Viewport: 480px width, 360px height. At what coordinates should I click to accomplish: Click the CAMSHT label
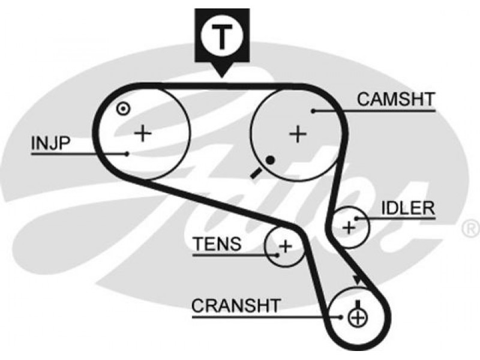click(396, 99)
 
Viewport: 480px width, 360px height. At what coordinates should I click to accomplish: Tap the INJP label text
click(51, 143)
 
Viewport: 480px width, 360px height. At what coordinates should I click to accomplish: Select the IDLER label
click(408, 208)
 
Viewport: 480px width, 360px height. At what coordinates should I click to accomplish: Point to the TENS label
click(217, 244)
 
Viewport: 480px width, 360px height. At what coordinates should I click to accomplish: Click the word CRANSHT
click(236, 305)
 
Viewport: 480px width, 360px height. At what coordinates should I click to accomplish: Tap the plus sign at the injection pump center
click(143, 133)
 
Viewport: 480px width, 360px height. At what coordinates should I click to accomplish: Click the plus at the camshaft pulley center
click(298, 134)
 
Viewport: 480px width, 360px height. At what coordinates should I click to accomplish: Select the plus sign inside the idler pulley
click(349, 228)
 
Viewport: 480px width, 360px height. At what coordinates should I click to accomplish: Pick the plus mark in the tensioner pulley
click(286, 247)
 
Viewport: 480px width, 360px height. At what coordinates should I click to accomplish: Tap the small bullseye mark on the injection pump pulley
click(124, 109)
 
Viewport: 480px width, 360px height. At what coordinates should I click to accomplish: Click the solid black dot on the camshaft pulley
click(270, 160)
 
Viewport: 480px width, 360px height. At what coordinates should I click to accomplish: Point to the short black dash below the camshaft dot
click(256, 173)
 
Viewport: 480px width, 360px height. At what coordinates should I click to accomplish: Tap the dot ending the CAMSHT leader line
click(313, 111)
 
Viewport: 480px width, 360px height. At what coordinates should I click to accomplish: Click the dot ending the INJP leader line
click(127, 154)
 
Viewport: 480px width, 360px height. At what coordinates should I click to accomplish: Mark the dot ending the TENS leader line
click(277, 255)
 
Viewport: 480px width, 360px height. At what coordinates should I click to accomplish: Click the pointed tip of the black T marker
click(222, 77)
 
